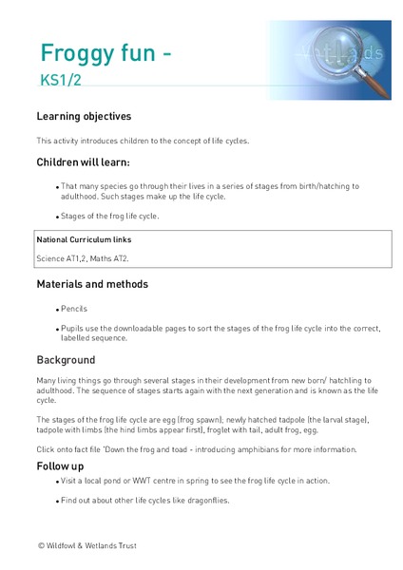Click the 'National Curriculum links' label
pyautogui.click(x=84, y=240)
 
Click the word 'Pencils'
pyautogui.click(x=74, y=310)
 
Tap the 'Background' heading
pyautogui.click(x=66, y=361)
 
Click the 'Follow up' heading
pyautogui.click(x=61, y=466)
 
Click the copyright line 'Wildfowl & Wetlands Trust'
pyautogui.click(x=97, y=546)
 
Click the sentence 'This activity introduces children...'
pyautogui.click(x=143, y=141)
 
